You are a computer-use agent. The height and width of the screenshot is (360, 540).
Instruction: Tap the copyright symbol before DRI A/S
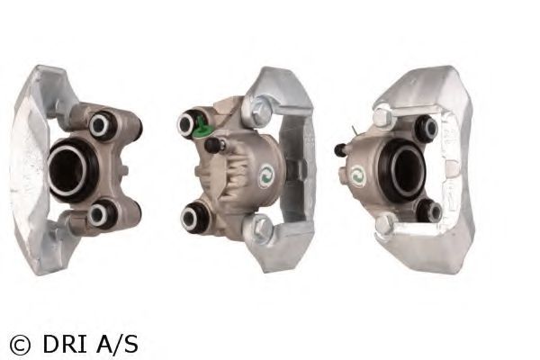point(20,345)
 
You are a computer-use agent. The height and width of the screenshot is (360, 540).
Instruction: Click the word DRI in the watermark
point(65,344)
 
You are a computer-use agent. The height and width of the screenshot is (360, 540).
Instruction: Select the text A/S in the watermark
point(117,344)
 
